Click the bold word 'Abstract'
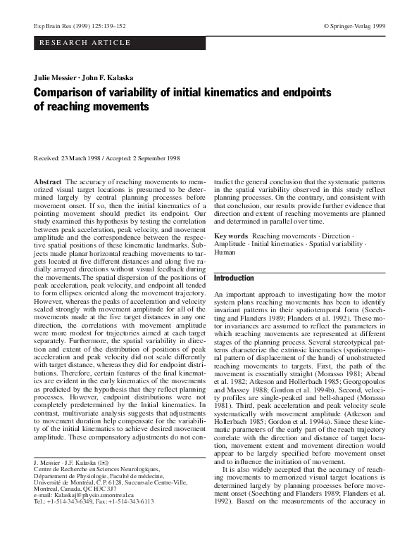click(x=48, y=182)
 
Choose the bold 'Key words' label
click(x=231, y=236)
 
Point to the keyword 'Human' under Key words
click(x=225, y=252)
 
